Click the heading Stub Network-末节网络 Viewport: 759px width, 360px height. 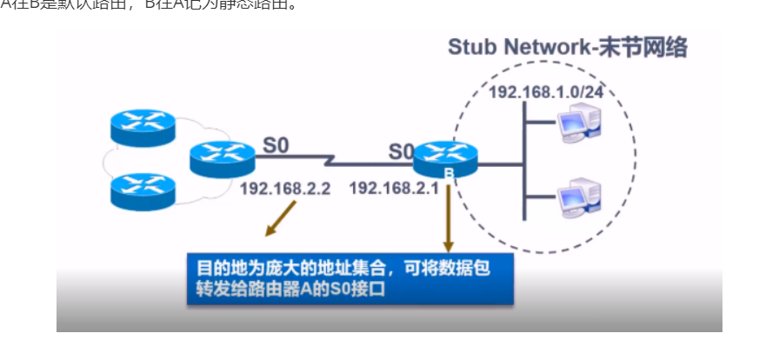tap(567, 48)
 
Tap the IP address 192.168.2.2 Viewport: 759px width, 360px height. tap(285, 188)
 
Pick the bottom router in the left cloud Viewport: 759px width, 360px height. tap(143, 187)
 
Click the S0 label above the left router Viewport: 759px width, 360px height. tap(275, 144)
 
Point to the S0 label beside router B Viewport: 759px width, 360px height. tap(401, 151)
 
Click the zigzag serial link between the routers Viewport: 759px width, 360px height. tap(333, 162)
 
